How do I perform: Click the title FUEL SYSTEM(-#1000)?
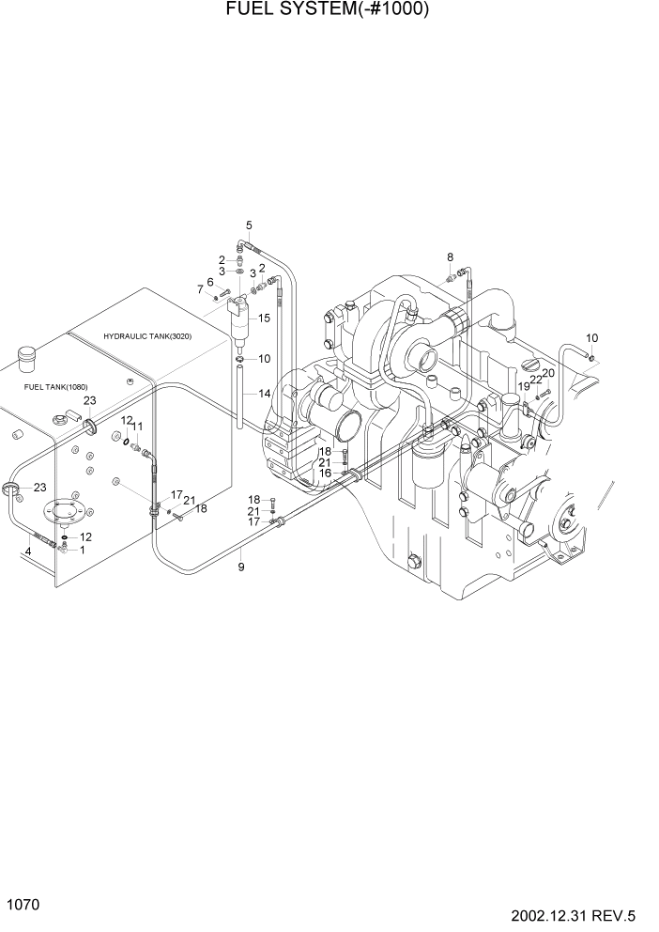(x=329, y=10)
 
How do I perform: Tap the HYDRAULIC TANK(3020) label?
(x=147, y=335)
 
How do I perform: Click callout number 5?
(x=249, y=225)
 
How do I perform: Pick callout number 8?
(x=450, y=256)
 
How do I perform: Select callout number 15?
(x=264, y=318)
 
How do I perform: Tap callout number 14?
(x=264, y=393)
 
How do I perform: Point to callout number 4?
(x=28, y=551)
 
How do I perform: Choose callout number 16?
(x=325, y=473)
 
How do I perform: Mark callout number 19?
(x=524, y=386)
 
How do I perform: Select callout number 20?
(x=548, y=373)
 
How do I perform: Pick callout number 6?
(x=210, y=282)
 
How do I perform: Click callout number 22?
(x=536, y=380)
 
